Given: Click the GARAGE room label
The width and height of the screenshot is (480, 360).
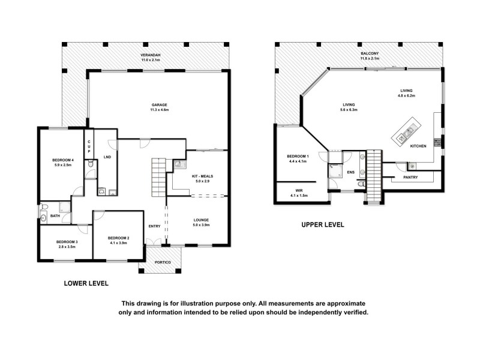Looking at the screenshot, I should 159,105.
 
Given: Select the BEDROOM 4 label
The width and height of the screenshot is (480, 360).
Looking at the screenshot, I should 62,160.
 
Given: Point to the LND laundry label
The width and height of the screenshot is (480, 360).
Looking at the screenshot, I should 107,157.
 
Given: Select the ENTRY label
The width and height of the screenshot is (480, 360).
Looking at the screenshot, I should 155,226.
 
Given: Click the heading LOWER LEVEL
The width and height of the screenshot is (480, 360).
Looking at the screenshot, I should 86,283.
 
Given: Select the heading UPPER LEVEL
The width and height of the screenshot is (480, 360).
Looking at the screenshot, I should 322,225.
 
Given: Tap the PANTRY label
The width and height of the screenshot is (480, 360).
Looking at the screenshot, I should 411,178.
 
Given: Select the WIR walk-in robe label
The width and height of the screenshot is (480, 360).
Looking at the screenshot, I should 298,191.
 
